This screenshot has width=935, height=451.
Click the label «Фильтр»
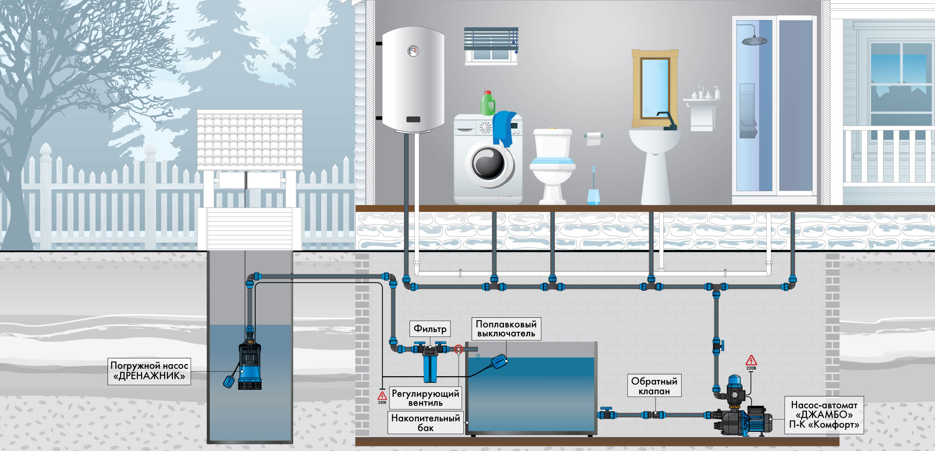point(430,329)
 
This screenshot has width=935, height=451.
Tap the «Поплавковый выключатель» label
point(506,329)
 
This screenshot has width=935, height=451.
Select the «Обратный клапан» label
point(654,386)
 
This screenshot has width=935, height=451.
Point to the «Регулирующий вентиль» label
point(425,398)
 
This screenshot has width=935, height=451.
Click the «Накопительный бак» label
point(425,422)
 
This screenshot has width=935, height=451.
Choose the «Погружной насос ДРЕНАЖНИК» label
point(149,371)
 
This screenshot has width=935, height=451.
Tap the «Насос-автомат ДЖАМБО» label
point(824,415)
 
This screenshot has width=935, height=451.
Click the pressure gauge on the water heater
point(413,50)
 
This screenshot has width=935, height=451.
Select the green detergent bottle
point(488,103)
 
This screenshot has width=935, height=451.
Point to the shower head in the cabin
point(754,40)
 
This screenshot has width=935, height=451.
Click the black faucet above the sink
point(668,121)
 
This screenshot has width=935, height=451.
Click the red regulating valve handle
point(459,349)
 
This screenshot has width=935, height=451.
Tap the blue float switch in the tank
point(499,361)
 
